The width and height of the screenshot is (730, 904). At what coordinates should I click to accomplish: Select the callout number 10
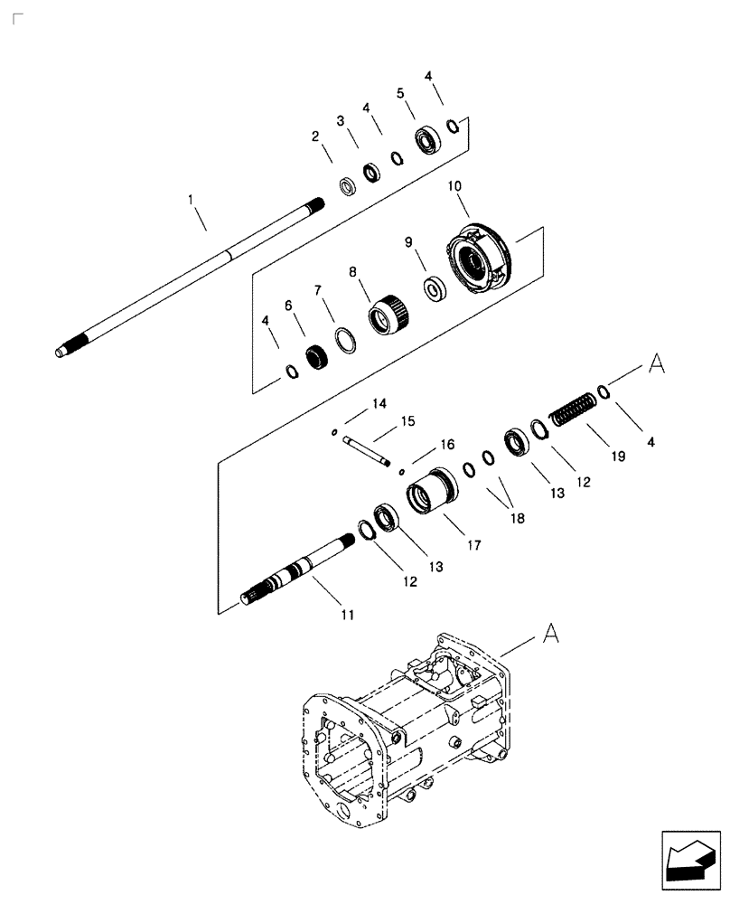click(x=454, y=185)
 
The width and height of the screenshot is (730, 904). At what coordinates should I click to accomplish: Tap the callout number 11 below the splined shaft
click(x=346, y=615)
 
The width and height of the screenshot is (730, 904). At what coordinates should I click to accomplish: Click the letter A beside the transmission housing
click(x=550, y=636)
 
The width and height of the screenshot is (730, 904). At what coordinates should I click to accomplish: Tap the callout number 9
click(x=407, y=242)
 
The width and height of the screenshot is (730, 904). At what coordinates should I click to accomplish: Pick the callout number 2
click(x=316, y=137)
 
